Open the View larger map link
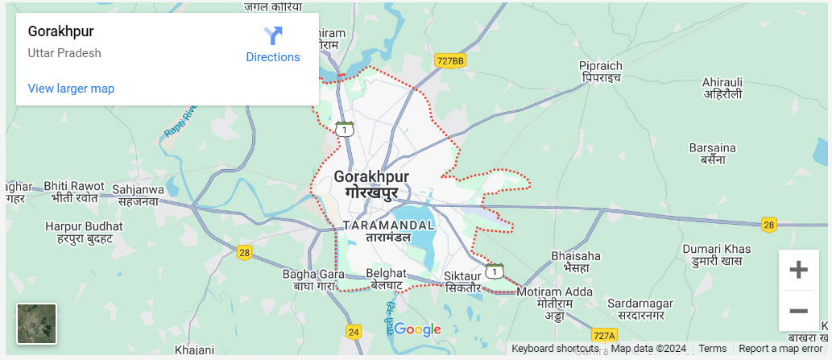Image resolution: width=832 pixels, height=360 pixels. (x=71, y=89)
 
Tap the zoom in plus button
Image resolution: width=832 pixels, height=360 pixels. (x=798, y=270)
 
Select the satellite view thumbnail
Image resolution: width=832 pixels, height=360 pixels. (x=37, y=324)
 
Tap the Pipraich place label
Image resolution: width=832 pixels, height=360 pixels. (x=601, y=72)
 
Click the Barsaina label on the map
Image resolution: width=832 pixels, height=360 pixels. (x=713, y=154)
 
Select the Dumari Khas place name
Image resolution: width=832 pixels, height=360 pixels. (x=716, y=255)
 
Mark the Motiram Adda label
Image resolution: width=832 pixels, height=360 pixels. (x=555, y=299)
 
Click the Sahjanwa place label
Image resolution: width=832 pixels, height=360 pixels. (x=139, y=196)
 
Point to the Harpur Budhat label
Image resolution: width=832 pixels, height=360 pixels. (x=84, y=233)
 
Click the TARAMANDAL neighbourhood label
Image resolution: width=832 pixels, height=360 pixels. (x=389, y=231)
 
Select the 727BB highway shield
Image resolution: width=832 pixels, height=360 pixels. (x=449, y=60)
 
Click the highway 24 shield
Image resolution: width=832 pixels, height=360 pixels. (x=354, y=331)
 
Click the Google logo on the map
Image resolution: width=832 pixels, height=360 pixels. (x=417, y=329)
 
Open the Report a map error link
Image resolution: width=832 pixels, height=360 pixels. (x=780, y=349)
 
